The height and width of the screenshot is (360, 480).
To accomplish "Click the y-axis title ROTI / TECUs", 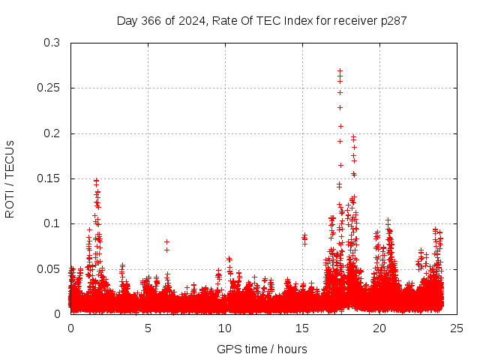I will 10,178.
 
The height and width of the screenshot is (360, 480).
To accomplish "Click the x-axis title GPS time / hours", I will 262,349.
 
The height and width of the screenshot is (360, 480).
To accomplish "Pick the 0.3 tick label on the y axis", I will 52,43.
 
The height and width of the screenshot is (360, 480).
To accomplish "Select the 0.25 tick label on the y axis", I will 49,88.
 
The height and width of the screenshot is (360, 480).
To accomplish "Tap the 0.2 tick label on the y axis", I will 52,133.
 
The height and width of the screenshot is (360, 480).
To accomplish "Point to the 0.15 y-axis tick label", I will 49,178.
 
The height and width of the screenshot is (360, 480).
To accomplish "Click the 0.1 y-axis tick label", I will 52,223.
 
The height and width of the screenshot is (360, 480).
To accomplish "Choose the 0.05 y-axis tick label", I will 49,268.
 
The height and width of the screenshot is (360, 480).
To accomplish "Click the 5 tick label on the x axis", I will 148,328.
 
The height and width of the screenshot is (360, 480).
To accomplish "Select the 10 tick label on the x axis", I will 225,328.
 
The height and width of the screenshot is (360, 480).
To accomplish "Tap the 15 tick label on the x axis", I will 302,328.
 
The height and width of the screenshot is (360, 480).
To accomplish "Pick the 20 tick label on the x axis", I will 379,328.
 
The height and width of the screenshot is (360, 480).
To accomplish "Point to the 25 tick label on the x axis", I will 457,328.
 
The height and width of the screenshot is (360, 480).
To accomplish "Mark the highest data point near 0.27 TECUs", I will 340,70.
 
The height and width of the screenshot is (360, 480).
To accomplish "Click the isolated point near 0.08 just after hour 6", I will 166,241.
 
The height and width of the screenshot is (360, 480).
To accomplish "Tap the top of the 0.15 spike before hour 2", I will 97,180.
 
